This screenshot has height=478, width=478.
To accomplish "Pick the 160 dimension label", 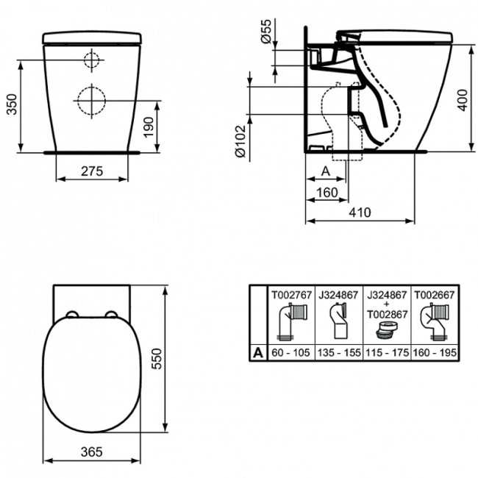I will (x=326, y=193).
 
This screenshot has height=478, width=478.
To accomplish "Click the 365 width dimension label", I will (x=91, y=451).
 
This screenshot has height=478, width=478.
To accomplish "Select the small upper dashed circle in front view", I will (x=91, y=62).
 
